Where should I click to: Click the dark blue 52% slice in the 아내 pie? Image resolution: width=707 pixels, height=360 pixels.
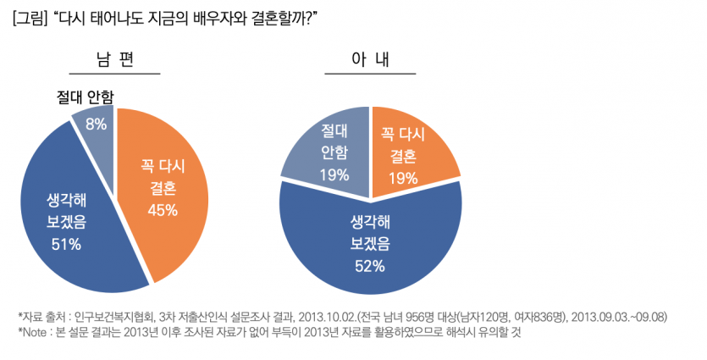pos(370,246)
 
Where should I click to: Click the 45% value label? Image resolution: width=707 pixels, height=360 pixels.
pos(163,209)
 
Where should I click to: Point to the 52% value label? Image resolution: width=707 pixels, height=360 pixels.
pos(370,266)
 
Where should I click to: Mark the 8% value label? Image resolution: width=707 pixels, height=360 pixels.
pos(96,124)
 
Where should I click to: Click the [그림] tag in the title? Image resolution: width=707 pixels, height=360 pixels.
pos(28,17)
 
